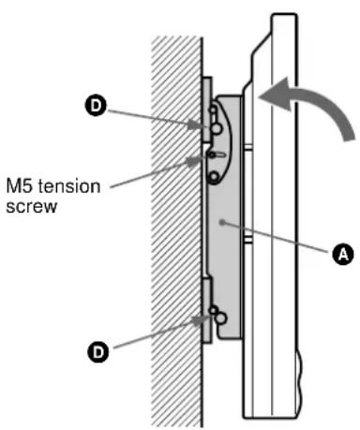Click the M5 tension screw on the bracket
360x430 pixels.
pos(215,156)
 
